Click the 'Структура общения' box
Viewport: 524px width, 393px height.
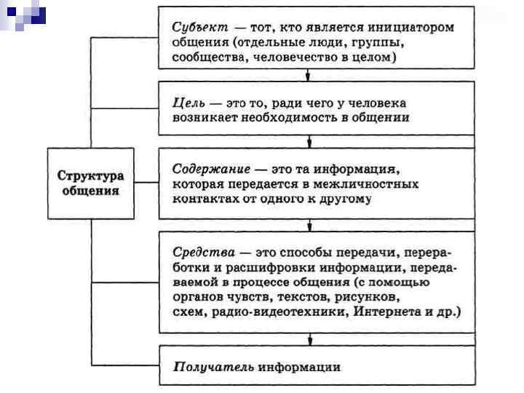click(x=91, y=183)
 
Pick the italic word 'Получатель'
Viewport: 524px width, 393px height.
click(x=213, y=367)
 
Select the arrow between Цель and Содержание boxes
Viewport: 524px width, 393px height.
click(x=310, y=141)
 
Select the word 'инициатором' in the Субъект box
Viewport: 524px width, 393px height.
click(x=417, y=27)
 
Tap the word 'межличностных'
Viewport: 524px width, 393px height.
click(x=370, y=184)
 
